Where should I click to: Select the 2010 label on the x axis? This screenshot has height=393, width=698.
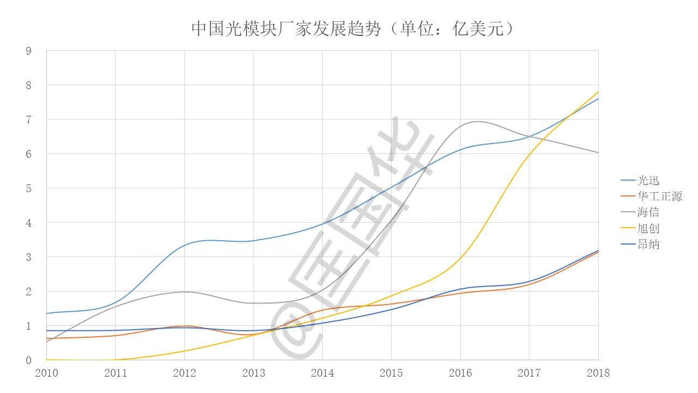point(46,373)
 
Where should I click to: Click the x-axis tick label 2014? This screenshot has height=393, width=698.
point(322,373)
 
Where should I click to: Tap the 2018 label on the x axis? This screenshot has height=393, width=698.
point(598,373)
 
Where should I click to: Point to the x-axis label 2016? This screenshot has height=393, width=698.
point(460,373)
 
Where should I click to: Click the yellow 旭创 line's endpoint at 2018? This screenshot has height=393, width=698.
point(598,92)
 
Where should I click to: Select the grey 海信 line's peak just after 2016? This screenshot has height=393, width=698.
point(478,121)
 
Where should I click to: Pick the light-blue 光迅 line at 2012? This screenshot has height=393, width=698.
point(184,245)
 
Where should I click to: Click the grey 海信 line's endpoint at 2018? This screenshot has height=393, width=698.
point(598,153)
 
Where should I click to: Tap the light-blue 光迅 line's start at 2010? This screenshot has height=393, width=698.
point(47,313)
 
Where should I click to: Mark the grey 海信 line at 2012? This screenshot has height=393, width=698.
point(184,291)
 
